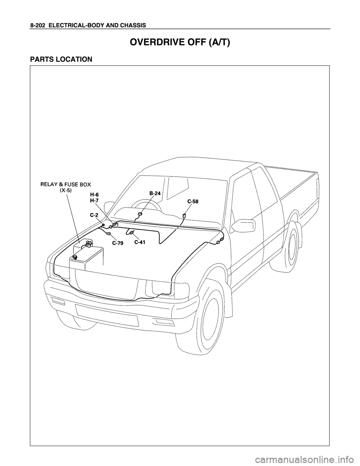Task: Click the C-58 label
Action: pos(194,201)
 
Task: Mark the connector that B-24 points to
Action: pos(139,214)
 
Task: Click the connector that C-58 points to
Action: pos(184,215)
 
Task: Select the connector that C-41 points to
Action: pos(132,233)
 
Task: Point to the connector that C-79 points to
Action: pos(108,234)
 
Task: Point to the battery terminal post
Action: pos(75,257)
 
